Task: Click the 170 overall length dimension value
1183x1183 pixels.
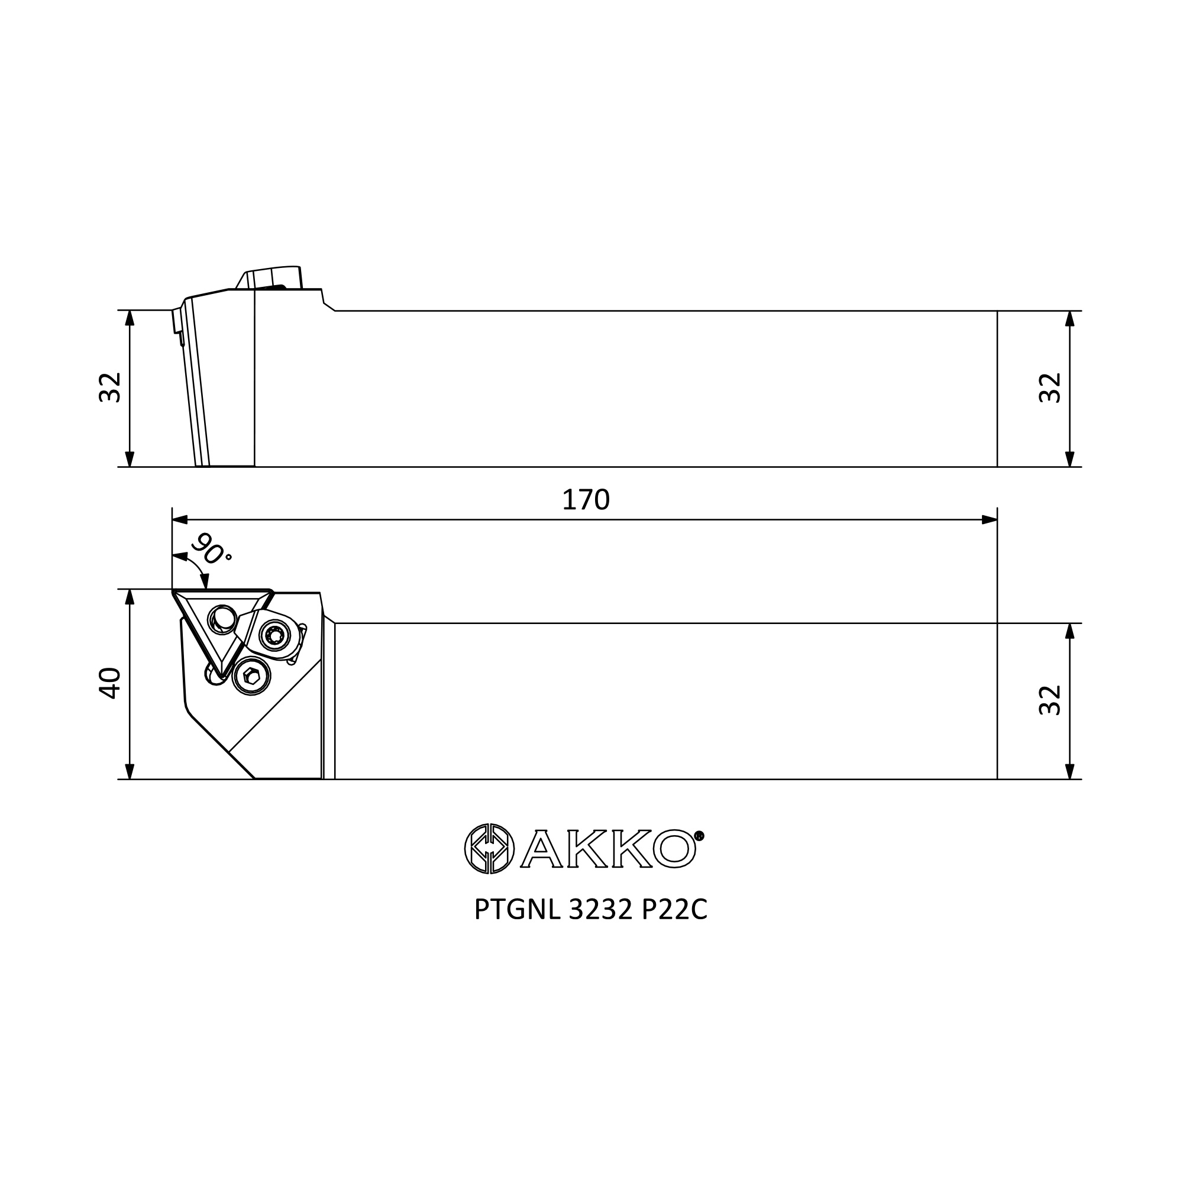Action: (x=586, y=500)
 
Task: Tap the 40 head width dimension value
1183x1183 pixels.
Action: (x=110, y=683)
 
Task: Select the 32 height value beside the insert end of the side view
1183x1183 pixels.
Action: (x=110, y=387)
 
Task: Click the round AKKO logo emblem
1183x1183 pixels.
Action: (x=489, y=849)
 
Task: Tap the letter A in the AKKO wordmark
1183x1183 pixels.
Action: (x=541, y=849)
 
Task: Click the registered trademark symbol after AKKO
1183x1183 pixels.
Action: (x=699, y=835)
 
